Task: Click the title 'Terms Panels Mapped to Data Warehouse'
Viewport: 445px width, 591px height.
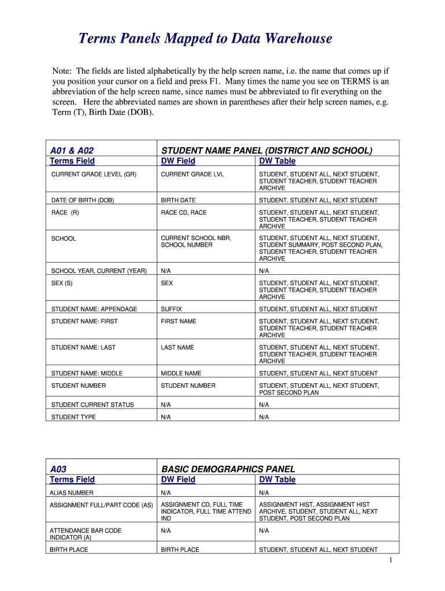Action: pyautogui.click(x=205, y=39)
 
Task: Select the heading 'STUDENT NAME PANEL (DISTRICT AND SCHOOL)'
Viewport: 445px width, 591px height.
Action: pyautogui.click(x=266, y=150)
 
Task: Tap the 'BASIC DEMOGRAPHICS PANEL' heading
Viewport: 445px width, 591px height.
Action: pyautogui.click(x=228, y=469)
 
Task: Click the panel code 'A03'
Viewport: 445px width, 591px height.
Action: pyautogui.click(x=58, y=469)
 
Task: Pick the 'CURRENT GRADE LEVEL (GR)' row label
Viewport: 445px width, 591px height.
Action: pyautogui.click(x=94, y=174)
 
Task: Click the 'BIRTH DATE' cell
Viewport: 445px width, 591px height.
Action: pyautogui.click(x=178, y=200)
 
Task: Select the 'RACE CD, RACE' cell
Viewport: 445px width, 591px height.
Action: pyautogui.click(x=183, y=212)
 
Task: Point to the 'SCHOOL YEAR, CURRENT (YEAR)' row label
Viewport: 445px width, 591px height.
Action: pyautogui.click(x=99, y=271)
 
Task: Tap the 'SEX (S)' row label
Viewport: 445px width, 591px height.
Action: pyautogui.click(x=62, y=283)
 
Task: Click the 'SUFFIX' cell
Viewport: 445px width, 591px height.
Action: pyautogui.click(x=171, y=309)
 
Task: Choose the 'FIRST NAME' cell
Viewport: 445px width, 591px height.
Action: pyautogui.click(x=179, y=321)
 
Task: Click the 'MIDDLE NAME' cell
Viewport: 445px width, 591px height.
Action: pyautogui.click(x=180, y=373)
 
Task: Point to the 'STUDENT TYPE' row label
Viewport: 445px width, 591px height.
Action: pyautogui.click(x=73, y=417)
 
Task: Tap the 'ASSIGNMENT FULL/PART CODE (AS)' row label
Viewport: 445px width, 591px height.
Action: pyautogui.click(x=101, y=505)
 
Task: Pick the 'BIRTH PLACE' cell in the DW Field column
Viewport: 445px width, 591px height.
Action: pyautogui.click(x=180, y=550)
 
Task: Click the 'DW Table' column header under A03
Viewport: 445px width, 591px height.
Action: pyautogui.click(x=277, y=480)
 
